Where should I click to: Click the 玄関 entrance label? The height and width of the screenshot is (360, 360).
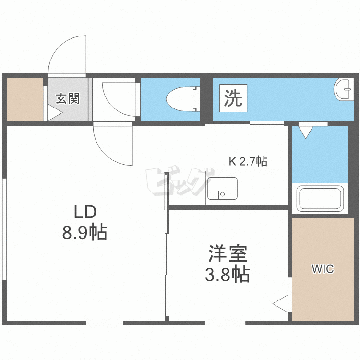point(68,99)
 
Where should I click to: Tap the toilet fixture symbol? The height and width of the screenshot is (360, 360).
point(182,99)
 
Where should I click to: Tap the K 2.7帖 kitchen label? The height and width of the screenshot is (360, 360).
point(247,161)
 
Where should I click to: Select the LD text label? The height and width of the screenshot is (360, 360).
point(85,212)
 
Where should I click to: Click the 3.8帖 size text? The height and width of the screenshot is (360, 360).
point(227,274)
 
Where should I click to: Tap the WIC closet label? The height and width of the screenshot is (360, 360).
point(323,269)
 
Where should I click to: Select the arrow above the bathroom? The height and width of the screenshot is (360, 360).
point(305,131)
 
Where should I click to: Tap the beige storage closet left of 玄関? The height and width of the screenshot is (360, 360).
point(24,99)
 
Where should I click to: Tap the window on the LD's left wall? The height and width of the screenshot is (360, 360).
point(4,228)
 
